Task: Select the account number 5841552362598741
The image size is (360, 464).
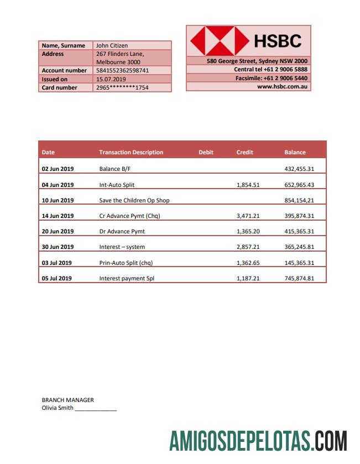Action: [x=122, y=71]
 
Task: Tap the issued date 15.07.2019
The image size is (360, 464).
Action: [x=111, y=79]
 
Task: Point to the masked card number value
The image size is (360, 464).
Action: [x=122, y=87]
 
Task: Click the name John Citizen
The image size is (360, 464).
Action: [x=112, y=45]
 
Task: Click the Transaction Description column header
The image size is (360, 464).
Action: [x=131, y=152]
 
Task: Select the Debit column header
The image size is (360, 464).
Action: [x=206, y=152]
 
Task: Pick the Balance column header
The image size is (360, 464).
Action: [x=295, y=152]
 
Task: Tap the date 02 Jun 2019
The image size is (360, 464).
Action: [x=58, y=169]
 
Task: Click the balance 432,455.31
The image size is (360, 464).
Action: [x=299, y=169]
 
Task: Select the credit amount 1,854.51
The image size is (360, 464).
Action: [x=248, y=185]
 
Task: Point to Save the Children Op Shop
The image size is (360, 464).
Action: [x=134, y=200]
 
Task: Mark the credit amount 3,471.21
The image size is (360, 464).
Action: [x=248, y=216]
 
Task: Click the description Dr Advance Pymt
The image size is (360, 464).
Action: [x=122, y=231]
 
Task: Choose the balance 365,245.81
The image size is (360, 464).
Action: [x=299, y=247]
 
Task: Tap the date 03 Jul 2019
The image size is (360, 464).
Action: [x=57, y=263]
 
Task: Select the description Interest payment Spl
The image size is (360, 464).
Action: [x=127, y=278]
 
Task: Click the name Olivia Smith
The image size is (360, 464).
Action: [x=58, y=408]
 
